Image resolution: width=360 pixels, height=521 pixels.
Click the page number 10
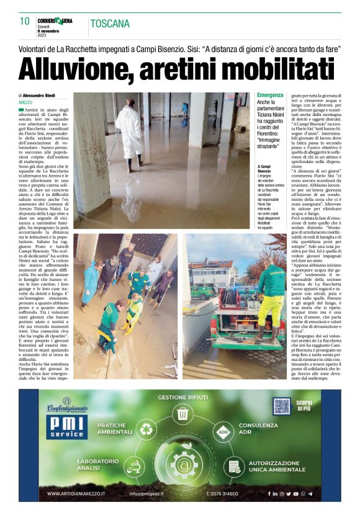24,21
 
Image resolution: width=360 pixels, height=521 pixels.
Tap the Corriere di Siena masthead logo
55,20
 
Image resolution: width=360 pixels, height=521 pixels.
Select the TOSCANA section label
110,24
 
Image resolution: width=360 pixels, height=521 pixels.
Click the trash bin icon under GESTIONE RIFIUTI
182,413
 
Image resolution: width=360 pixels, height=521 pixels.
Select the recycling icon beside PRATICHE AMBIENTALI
147,429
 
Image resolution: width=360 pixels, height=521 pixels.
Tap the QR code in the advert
282,407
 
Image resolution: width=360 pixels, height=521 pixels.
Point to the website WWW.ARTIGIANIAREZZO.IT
77,494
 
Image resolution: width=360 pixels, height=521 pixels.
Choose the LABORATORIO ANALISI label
98,465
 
